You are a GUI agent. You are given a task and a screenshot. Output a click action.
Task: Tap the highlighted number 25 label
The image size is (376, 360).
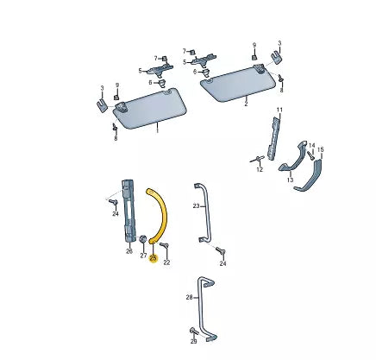(x=154, y=257)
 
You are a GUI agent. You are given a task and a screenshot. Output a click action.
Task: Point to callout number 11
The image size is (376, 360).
(x=279, y=110)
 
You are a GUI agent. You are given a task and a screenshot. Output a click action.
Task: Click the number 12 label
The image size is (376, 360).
(x=259, y=171)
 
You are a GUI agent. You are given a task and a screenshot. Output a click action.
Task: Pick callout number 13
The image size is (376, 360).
(x=290, y=179)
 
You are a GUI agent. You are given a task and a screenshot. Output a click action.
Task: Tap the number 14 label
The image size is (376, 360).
(x=311, y=146)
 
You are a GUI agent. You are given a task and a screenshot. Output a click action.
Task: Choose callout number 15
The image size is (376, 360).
(x=320, y=150)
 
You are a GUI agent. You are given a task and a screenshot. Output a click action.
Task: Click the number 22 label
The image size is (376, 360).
(x=167, y=262)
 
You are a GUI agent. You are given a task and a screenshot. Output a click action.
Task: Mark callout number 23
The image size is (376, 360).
(x=196, y=206)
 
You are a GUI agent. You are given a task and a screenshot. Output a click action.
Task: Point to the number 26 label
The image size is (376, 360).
(x=129, y=252)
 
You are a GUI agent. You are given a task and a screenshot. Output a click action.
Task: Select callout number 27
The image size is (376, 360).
(x=143, y=256)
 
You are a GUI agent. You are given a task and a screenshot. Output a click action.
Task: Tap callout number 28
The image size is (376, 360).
(x=189, y=297)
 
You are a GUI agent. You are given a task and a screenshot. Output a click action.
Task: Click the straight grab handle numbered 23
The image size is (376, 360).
(x=204, y=212)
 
